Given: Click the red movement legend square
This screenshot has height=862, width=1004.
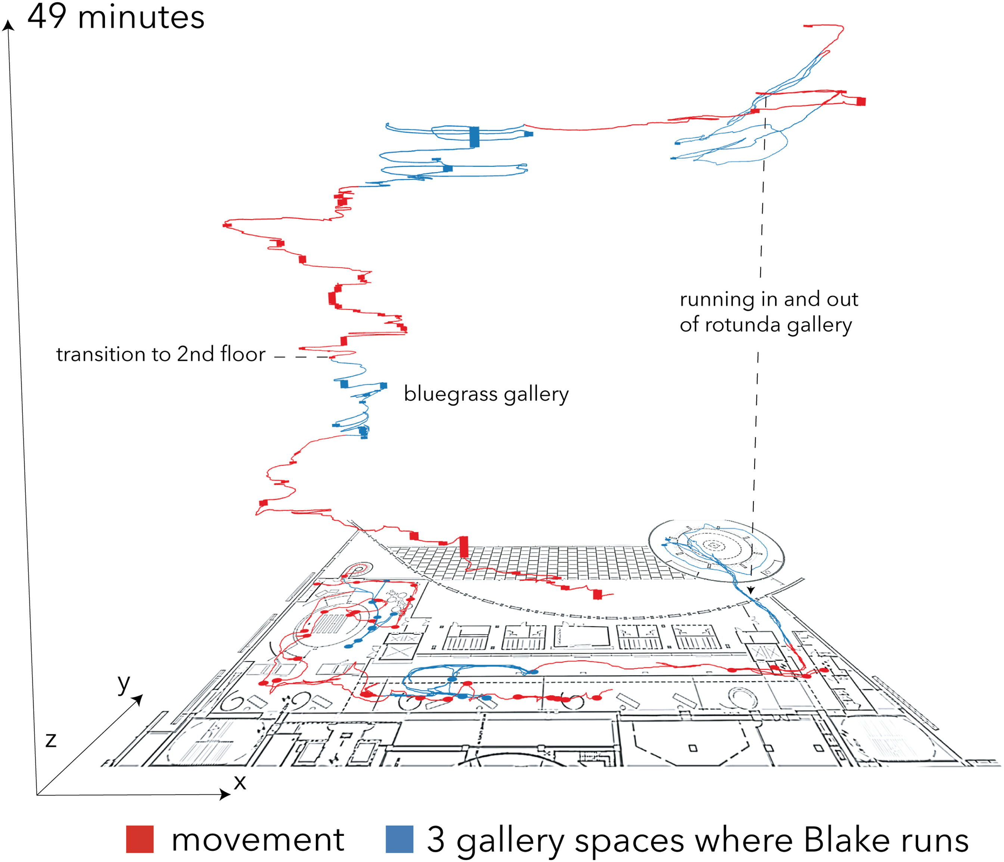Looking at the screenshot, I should [x=140, y=839].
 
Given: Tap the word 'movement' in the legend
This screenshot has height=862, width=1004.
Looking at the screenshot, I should [x=257, y=840].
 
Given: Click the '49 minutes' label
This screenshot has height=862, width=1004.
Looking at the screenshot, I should [x=116, y=16].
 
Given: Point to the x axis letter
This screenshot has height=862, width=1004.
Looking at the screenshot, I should [x=240, y=782].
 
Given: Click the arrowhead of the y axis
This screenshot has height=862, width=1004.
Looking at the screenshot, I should [x=139, y=699].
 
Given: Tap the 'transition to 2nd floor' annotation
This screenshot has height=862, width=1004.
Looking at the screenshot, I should [x=161, y=354].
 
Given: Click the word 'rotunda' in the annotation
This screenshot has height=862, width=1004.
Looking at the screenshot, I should [x=743, y=325].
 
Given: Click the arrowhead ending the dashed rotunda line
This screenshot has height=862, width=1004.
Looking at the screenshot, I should [x=750, y=591].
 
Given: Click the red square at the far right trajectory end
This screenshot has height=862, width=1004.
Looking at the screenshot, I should [x=861, y=101].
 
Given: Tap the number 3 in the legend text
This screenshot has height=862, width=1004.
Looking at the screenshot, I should [x=436, y=840].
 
